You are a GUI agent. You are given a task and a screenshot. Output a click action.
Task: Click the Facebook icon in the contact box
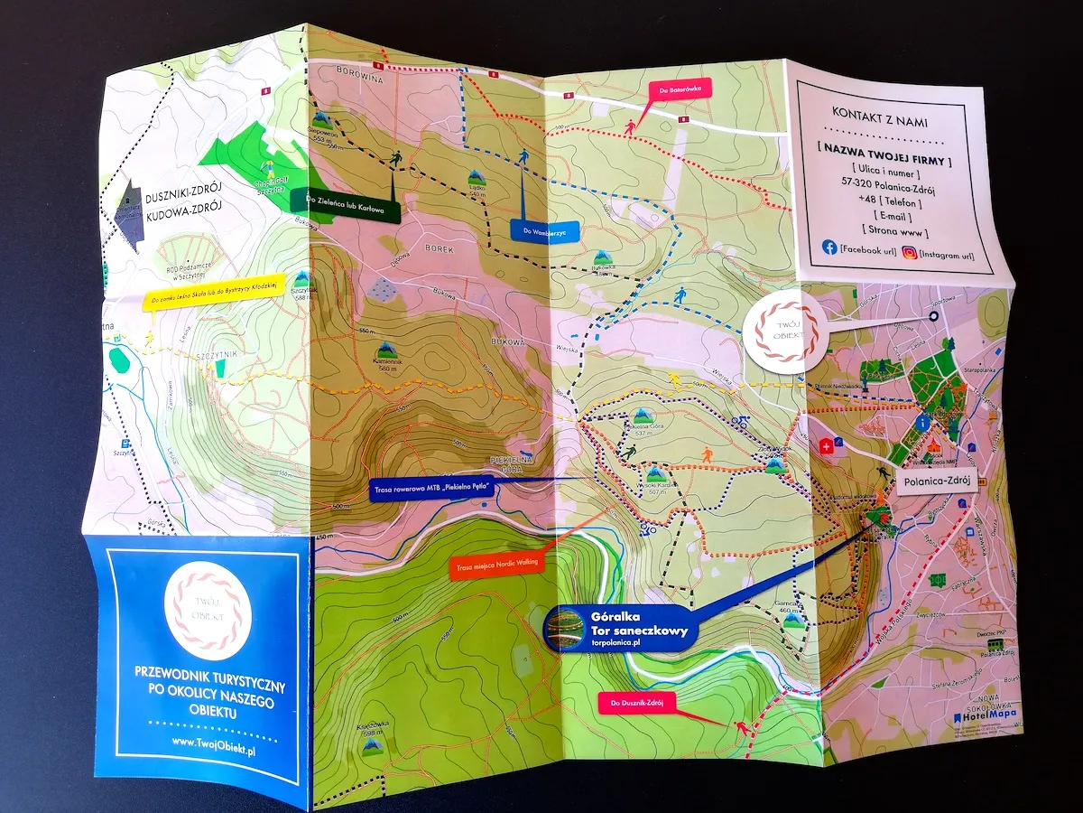pos(828,247)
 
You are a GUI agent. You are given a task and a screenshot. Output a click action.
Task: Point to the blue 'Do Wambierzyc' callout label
pos(542,231)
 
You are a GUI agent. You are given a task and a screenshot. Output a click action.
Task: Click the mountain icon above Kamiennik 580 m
pos(387,349)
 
